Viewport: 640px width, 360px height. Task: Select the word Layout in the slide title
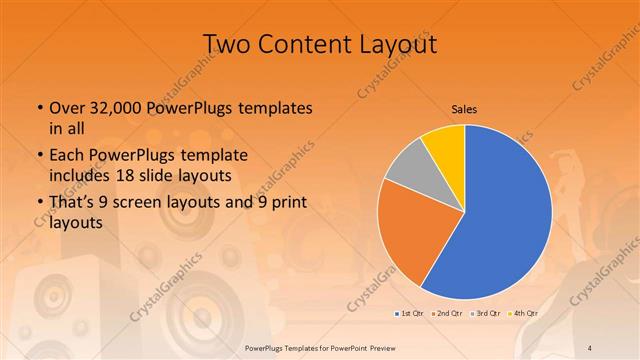point(393,44)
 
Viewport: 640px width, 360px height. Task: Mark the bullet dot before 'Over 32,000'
point(39,107)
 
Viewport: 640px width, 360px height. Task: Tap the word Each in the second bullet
point(66,156)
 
